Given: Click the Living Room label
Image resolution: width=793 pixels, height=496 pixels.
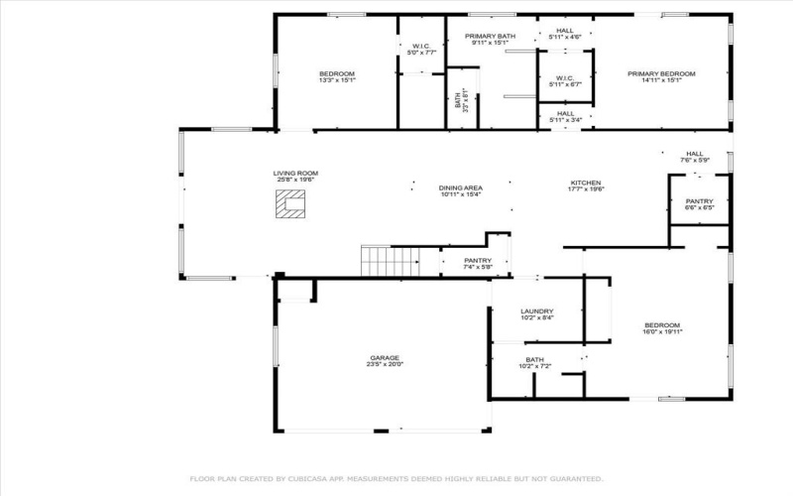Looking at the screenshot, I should click(295, 173).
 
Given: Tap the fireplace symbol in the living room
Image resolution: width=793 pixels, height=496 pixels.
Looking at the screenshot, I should click(290, 204).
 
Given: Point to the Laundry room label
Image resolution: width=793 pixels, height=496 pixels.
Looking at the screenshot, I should click(536, 311).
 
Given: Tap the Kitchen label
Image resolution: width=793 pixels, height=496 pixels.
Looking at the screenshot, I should click(586, 184).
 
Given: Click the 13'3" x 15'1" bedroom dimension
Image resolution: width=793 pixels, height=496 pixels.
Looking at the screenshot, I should click(337, 80).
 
